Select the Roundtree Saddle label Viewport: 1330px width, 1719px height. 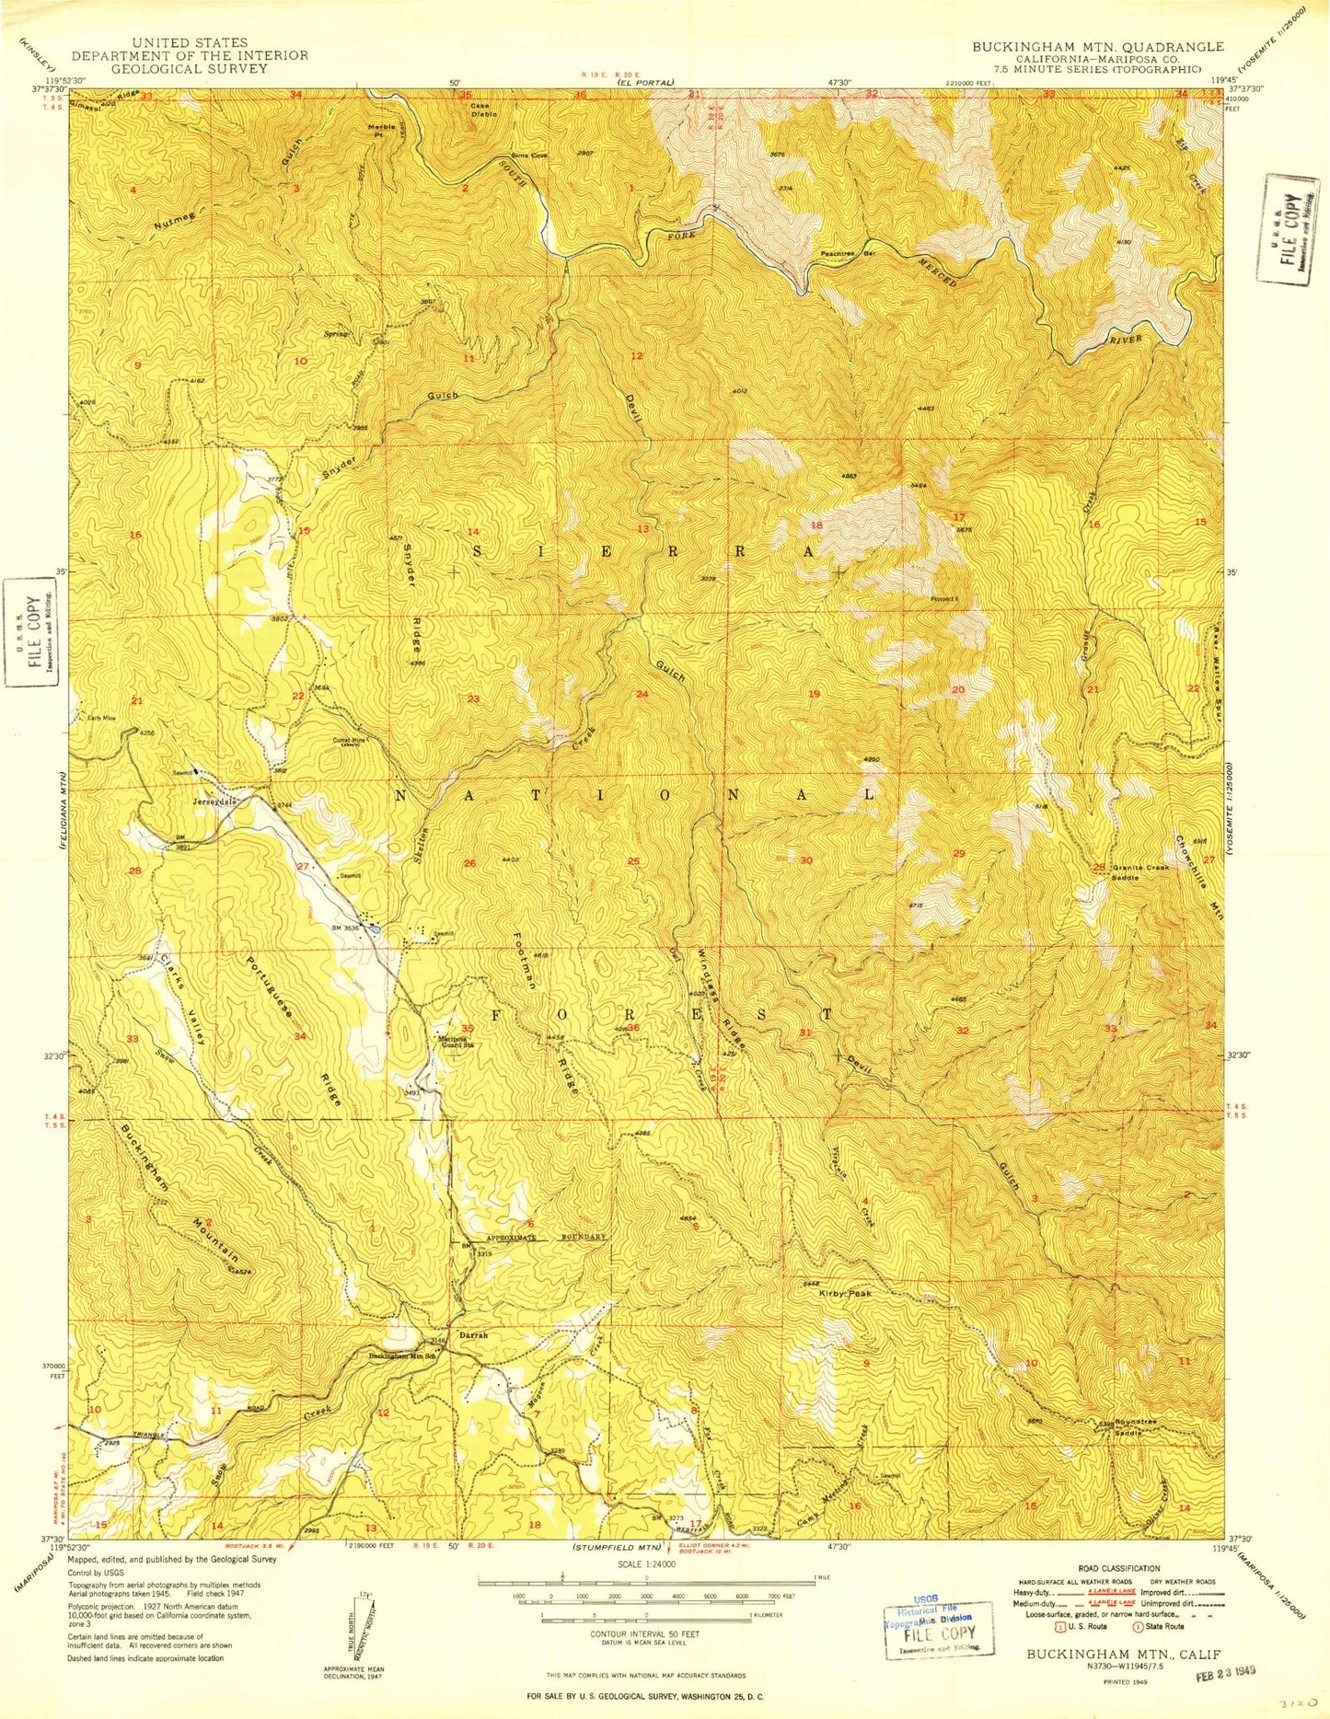(1134, 1427)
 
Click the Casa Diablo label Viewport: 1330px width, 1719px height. (483, 110)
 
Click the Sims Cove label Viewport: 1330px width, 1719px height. (529, 155)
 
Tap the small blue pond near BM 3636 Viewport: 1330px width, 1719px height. (376, 929)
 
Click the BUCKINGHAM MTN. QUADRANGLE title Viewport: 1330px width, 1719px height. (1098, 46)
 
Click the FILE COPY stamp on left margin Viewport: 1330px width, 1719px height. (29, 633)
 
